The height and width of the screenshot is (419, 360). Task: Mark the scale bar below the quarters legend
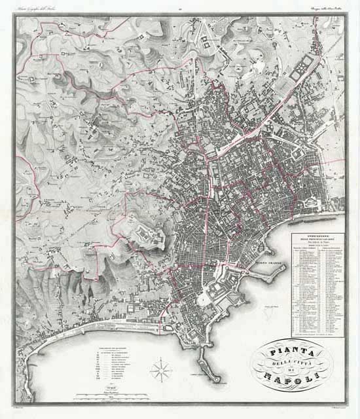point(105,395)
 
